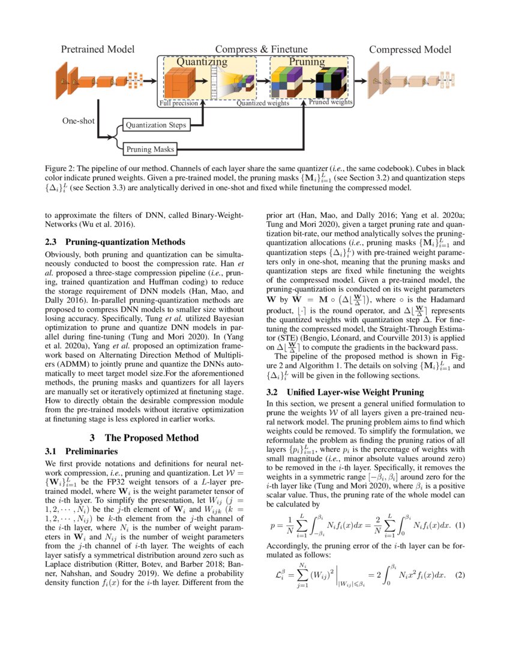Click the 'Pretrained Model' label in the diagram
point(98,49)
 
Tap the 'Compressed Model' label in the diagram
point(410,49)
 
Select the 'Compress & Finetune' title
point(261,49)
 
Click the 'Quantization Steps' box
point(155,125)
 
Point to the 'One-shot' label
point(79,121)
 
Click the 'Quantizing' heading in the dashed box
point(202,61)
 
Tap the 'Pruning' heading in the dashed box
point(307,61)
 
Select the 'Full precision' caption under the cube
point(178,103)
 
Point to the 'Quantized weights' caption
point(263,103)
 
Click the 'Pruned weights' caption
point(331,103)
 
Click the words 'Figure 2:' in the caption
point(63,169)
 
